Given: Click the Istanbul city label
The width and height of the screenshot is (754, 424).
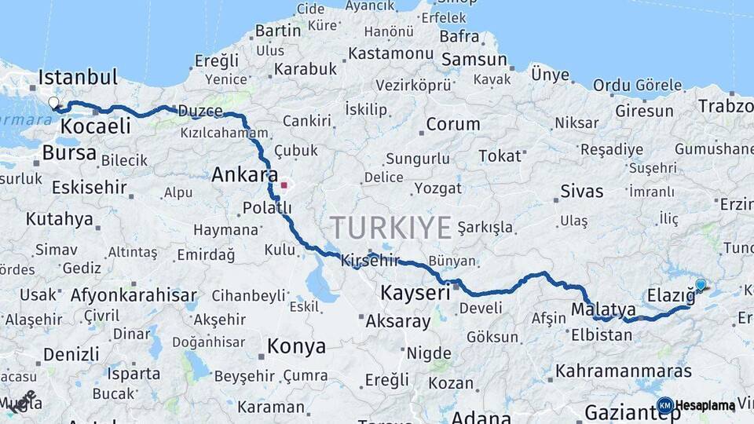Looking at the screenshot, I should (78, 78).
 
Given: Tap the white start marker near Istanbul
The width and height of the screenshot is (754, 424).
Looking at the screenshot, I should (53, 103).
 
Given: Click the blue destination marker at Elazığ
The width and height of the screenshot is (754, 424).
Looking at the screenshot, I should (701, 286).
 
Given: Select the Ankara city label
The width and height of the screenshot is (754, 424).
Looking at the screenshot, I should (244, 174).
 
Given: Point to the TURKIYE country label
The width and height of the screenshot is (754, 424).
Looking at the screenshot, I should (390, 228).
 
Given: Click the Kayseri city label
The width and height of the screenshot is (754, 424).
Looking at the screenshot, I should (415, 294).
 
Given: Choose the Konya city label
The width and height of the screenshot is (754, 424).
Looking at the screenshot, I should (296, 346).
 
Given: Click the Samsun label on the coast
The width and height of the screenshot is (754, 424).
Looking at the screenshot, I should (474, 60).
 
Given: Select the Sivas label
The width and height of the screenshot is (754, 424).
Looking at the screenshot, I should (582, 192).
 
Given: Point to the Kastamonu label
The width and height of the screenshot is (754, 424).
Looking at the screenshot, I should (390, 53).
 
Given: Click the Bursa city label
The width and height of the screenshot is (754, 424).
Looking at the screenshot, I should (68, 152).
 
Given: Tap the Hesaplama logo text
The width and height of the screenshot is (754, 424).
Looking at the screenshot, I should (705, 405).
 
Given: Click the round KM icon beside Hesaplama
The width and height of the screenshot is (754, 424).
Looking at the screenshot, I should (664, 405).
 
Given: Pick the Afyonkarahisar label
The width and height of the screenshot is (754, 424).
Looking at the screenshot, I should (134, 295).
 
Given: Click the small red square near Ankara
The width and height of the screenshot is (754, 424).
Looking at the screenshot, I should (284, 186).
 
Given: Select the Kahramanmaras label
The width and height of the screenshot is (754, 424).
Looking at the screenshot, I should (623, 371).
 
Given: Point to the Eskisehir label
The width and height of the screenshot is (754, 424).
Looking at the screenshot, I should (89, 187).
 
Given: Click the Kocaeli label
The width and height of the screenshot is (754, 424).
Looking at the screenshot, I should (96, 126).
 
